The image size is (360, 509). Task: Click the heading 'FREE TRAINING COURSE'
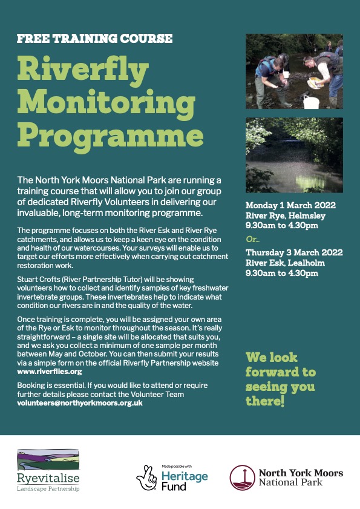95,39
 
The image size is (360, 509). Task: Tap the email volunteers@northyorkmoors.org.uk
80,402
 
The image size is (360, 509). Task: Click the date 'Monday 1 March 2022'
291,205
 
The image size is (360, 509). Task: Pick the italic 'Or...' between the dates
252,239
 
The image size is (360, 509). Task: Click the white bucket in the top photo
311,101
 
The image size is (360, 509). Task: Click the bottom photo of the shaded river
294,154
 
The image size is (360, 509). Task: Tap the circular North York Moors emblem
241,477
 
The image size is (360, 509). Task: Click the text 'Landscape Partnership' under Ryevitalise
48,489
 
